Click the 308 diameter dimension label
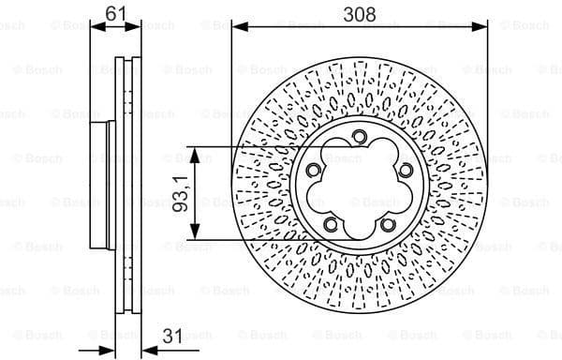(360, 14)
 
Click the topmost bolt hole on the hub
(360, 139)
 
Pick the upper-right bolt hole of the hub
(406, 170)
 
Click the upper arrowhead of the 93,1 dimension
(195, 153)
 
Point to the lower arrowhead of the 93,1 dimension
(195, 234)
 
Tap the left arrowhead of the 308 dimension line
(237, 26)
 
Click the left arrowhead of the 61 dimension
(96, 26)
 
